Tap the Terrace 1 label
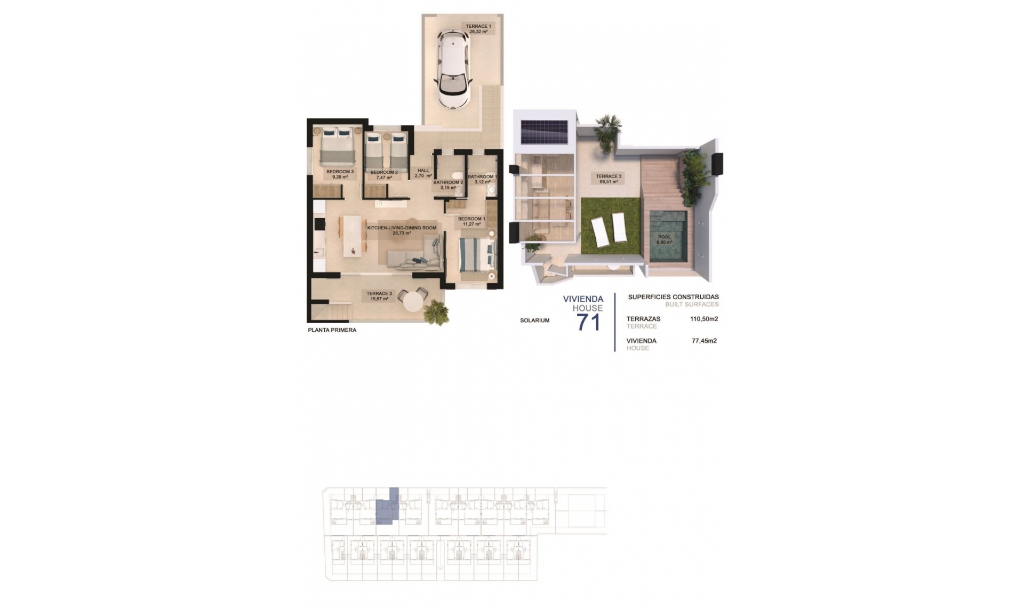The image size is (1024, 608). click(478, 29)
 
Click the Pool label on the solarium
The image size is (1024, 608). click(664, 239)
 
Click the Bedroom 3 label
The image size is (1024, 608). click(340, 174)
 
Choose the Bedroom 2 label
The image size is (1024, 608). click(384, 175)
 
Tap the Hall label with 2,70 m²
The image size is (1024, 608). click(423, 173)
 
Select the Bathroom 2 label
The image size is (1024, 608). click(448, 185)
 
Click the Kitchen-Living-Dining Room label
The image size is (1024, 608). click(401, 230)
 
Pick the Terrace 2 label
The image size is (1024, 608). click(379, 296)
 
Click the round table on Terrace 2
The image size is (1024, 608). click(412, 302)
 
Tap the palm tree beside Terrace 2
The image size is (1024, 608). click(436, 311)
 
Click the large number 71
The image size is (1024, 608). click(588, 323)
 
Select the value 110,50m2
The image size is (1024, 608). click(704, 319)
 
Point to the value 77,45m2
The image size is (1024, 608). click(704, 341)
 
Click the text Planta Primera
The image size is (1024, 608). click(332, 330)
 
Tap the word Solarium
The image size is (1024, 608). click(534, 321)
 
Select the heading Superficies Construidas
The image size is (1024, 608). click(673, 297)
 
